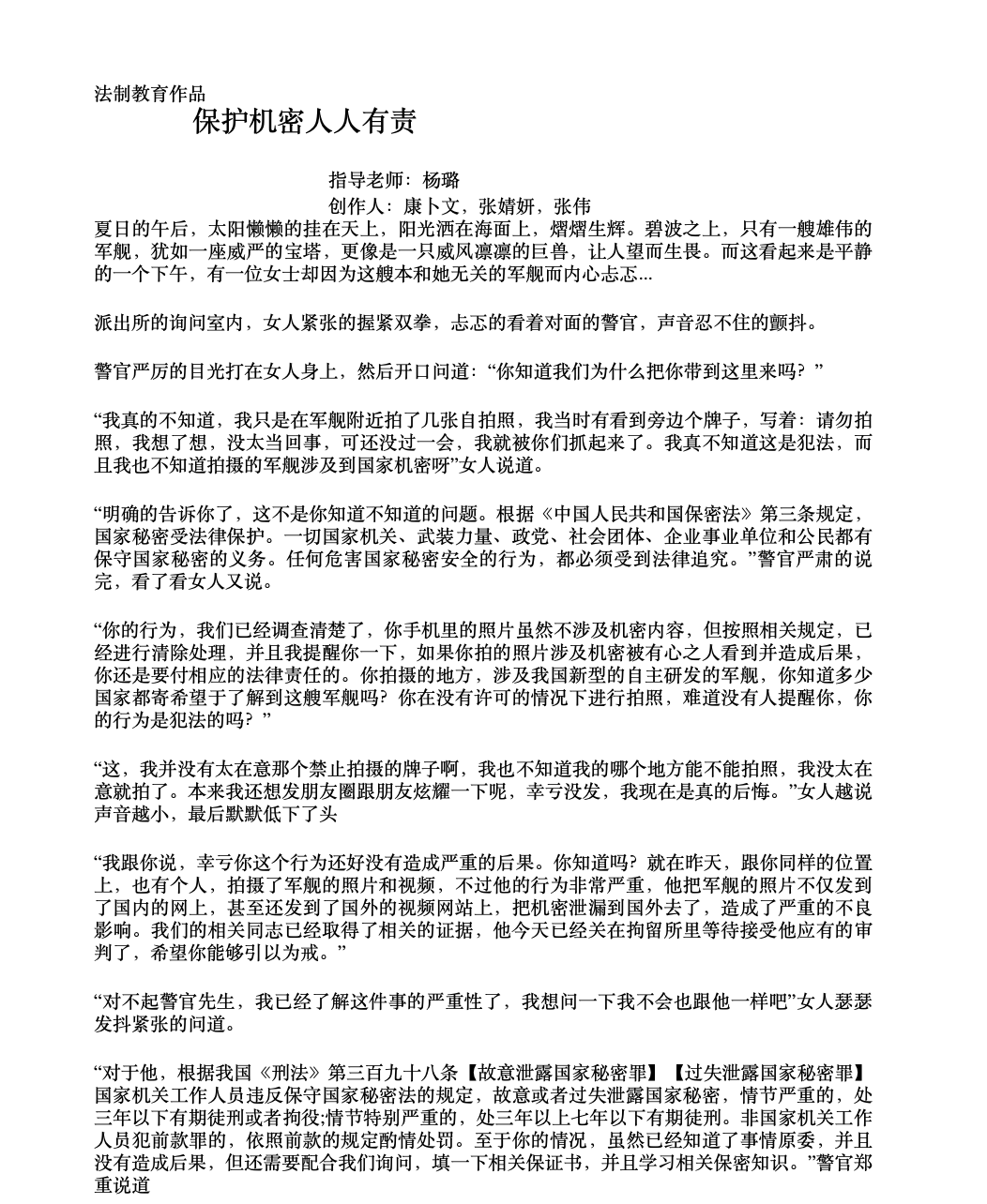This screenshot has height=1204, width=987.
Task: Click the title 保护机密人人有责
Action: [304, 122]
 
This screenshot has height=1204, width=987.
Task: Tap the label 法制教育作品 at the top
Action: [150, 94]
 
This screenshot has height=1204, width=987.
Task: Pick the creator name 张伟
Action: [572, 205]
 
